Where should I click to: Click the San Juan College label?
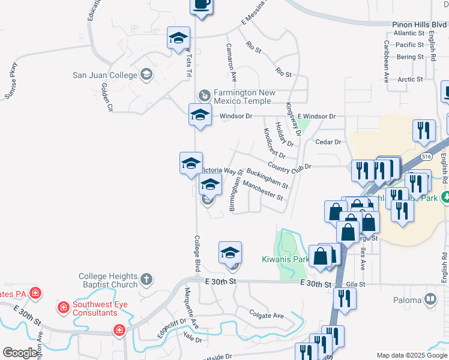[104, 75]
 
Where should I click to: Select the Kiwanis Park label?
[285, 260]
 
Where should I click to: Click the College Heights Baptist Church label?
[108, 280]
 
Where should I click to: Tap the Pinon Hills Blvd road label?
[415, 25]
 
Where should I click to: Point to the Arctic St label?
[411, 79]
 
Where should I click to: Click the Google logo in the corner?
[20, 353]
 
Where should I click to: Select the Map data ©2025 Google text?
[411, 355]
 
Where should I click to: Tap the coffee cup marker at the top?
[201, 5]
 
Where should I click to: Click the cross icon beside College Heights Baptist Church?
[147, 279]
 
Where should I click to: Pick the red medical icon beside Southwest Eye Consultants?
[62, 308]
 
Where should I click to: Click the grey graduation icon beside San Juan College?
[146, 74]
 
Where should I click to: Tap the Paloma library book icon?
[430, 298]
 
